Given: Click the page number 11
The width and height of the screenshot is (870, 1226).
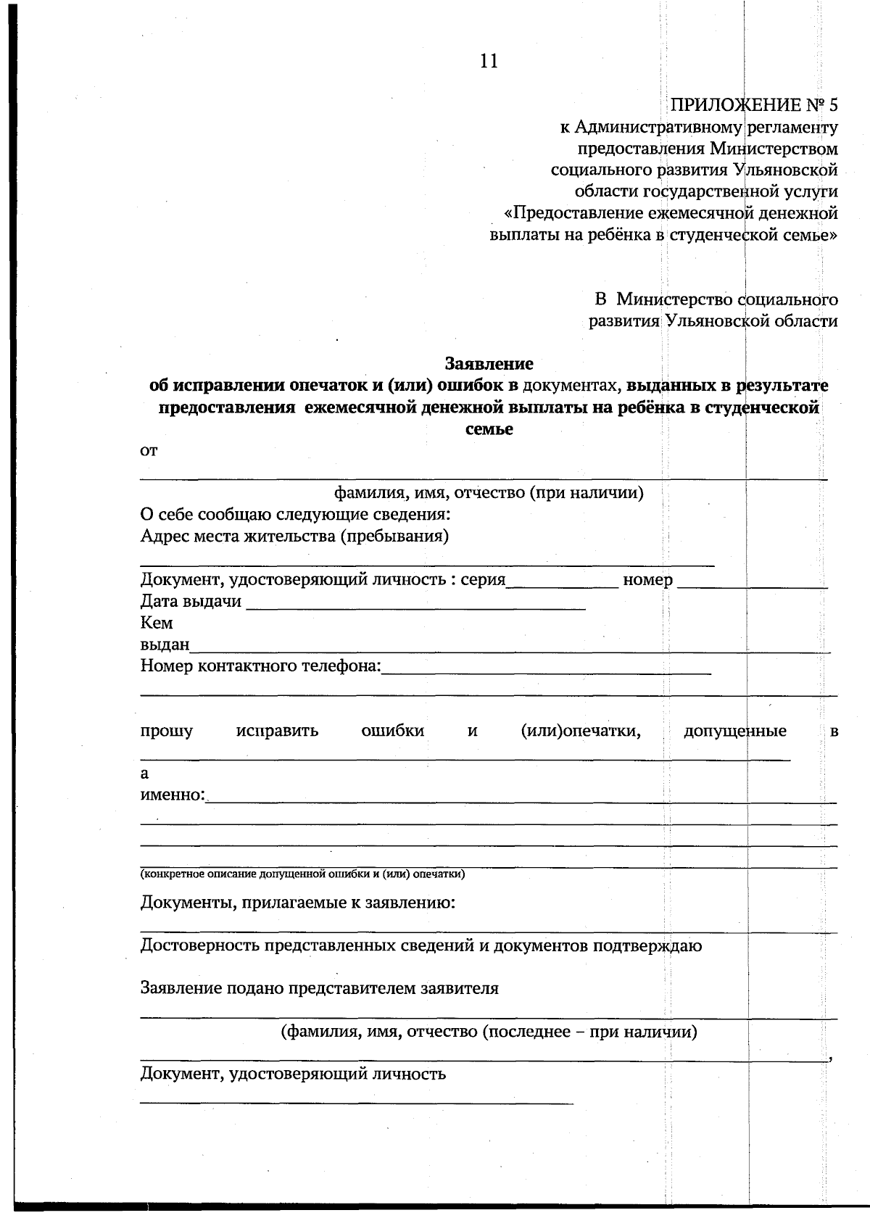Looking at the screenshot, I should point(489,62).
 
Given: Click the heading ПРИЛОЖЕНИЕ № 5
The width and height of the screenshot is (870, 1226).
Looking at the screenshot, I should point(753,105).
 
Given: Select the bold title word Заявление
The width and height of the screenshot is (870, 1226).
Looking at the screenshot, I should point(489,363).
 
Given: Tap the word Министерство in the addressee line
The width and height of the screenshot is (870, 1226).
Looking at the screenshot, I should point(674,299).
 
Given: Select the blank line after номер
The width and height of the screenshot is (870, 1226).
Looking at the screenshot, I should point(752,583).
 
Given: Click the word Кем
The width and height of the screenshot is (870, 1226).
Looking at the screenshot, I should point(156,623).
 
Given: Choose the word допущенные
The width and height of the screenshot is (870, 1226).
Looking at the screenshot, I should point(734,731).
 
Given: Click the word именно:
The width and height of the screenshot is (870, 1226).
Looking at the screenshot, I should point(173,795).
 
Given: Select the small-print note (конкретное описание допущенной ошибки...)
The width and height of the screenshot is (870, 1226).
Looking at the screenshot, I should point(302,874).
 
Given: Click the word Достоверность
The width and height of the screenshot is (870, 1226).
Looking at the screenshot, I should point(199,945).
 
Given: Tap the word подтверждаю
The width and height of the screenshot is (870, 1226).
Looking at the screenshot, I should point(647,945).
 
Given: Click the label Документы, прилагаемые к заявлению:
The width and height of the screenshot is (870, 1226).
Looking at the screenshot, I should point(297,903).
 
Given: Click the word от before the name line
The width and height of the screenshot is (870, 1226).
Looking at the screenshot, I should point(149,451).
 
